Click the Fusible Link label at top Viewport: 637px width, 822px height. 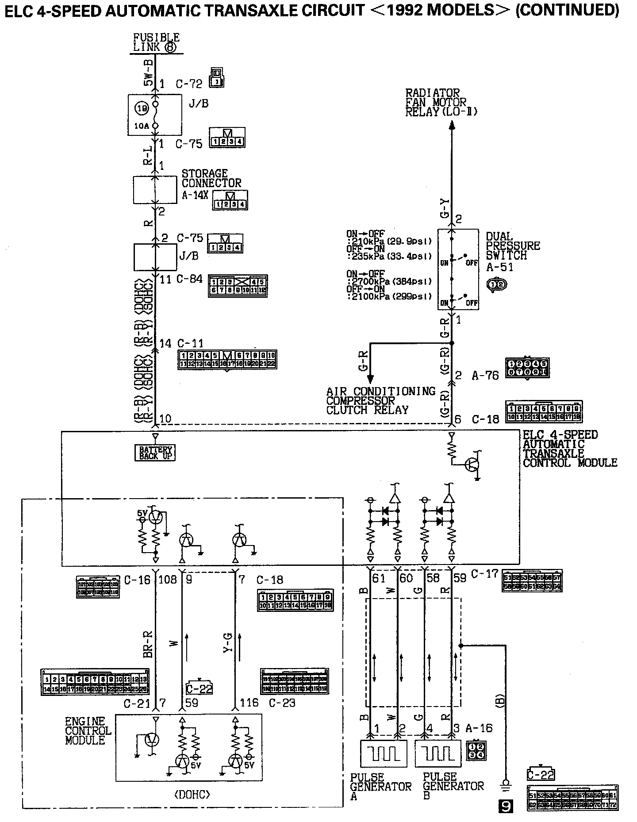pyautogui.click(x=156, y=42)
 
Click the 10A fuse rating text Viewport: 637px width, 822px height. pyautogui.click(x=142, y=126)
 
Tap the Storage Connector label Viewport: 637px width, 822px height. pyautogui.click(x=211, y=178)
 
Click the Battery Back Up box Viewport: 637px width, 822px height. pyautogui.click(x=155, y=453)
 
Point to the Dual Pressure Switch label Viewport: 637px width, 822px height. pyautogui.click(x=513, y=246)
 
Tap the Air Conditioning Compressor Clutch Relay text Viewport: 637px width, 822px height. pyautogui.click(x=380, y=401)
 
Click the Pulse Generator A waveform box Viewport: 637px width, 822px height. pyautogui.click(x=384, y=753)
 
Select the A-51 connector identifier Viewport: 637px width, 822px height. pyautogui.click(x=499, y=267)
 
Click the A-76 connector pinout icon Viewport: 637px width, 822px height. pyautogui.click(x=528, y=367)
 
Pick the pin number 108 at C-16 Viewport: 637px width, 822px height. pyautogui.click(x=168, y=579)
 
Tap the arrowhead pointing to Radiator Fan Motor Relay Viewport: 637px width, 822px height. pyautogui.click(x=452, y=125)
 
